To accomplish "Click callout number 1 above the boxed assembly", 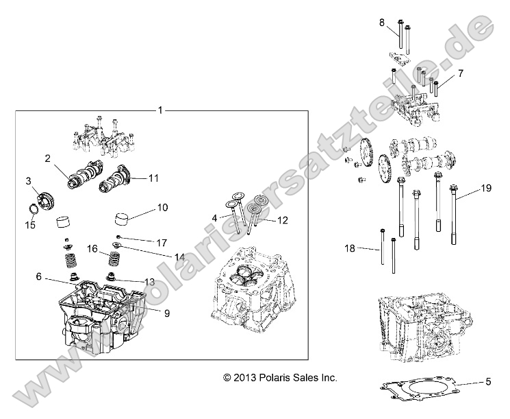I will [x=160, y=110].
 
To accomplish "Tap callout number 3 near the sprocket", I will [x=29, y=181].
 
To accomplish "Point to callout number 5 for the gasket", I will [x=488, y=381].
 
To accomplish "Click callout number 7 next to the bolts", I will [x=461, y=73].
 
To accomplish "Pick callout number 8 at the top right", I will [x=382, y=23].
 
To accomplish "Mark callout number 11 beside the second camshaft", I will [x=153, y=178].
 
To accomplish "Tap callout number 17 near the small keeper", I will [x=162, y=242].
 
